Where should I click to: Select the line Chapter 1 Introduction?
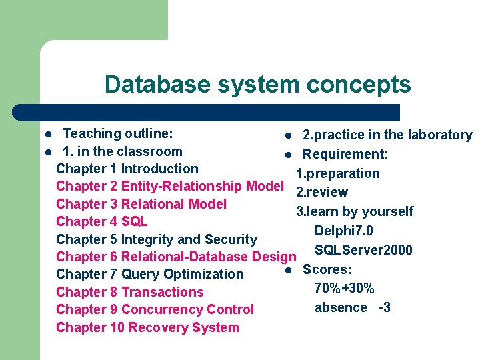point(127,169)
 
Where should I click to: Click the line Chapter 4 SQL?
point(101,221)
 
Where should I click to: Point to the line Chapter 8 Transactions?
point(130,292)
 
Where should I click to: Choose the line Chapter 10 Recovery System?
point(147,327)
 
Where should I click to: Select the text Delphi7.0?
point(343,231)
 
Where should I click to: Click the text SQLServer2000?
point(363,250)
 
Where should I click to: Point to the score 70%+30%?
point(344,289)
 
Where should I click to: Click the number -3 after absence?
point(384,307)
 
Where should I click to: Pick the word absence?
point(341,307)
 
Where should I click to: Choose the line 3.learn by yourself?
point(355,212)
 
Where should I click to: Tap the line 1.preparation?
point(338,173)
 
